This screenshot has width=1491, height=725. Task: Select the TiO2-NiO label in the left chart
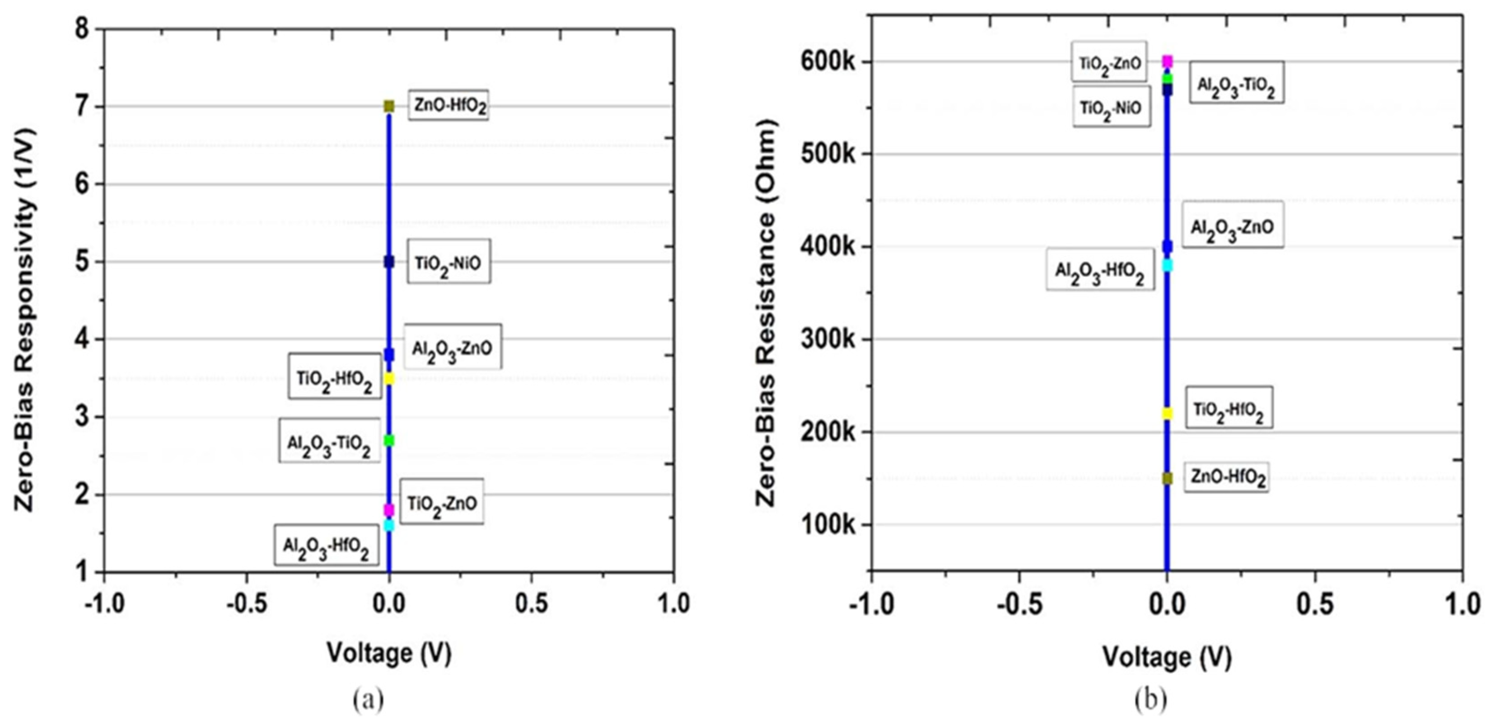pos(449,262)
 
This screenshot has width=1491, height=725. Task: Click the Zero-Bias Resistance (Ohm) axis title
pos(766,313)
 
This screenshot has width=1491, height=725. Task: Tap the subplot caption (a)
pos(368,701)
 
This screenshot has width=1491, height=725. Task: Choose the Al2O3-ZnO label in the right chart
pos(1232,226)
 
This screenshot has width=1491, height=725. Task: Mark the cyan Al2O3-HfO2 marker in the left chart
pos(389,525)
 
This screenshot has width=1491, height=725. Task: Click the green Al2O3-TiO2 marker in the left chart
pos(389,440)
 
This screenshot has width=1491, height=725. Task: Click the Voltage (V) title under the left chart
pos(389,653)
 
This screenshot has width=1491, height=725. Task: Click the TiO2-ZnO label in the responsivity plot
pos(442,503)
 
